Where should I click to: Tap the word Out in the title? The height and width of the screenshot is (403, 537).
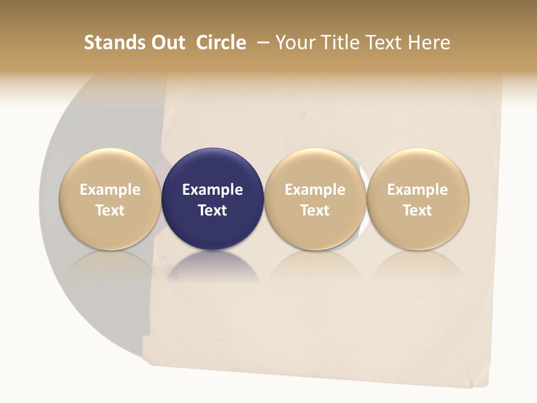click(167, 43)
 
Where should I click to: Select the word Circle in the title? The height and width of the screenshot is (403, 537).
click(221, 43)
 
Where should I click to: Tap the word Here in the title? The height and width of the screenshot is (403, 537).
click(430, 43)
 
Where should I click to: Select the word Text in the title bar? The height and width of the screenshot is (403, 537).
click(385, 43)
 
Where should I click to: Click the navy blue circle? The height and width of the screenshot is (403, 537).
click(213, 199)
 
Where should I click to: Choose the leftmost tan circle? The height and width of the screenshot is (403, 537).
click(110, 199)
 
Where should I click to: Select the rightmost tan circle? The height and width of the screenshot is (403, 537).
click(418, 199)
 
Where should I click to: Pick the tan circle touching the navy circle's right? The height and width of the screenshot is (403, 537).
click(315, 199)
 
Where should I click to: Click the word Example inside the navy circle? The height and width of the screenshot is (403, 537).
click(213, 190)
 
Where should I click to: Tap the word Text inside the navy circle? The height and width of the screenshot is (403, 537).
click(213, 210)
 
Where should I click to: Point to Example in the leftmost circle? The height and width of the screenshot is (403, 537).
click(110, 190)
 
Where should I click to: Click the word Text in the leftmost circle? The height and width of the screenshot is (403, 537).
click(110, 210)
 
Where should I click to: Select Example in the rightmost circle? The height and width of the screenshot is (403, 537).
click(418, 190)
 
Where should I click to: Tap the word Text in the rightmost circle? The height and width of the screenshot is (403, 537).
click(418, 210)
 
